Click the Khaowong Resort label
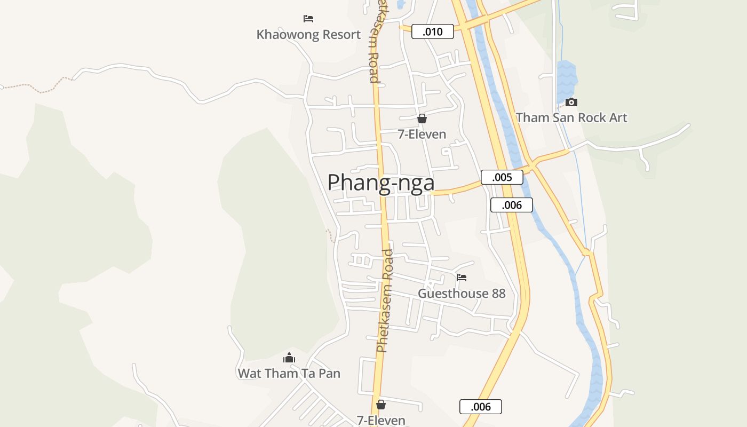coord(308,35)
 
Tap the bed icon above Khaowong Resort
coord(308,19)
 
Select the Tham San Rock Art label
coord(571,118)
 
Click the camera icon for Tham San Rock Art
coord(571,102)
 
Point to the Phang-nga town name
coord(380,183)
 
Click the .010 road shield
coord(433,31)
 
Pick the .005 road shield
coord(502,177)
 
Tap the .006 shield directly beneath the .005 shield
coord(512,205)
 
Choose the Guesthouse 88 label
coord(462,294)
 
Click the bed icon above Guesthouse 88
coord(462,278)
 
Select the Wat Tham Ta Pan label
coord(289,373)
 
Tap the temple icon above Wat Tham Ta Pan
coord(289,358)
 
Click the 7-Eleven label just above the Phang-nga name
coord(422,134)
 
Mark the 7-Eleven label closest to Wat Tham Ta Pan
coord(381,421)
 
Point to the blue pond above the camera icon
coord(567,80)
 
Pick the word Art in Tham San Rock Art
coord(618,118)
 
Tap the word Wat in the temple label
coord(250,373)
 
